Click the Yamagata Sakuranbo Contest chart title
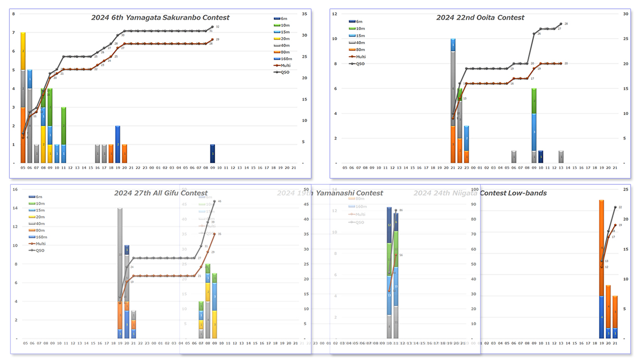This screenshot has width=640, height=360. pyautogui.click(x=160, y=17)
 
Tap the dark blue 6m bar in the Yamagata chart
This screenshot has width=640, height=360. pyautogui.click(x=213, y=153)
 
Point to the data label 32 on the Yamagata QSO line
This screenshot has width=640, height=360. pyautogui.click(x=218, y=26)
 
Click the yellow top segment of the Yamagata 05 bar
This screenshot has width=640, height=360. pyautogui.click(x=23, y=51)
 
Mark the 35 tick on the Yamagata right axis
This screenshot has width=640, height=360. pyautogui.click(x=303, y=14)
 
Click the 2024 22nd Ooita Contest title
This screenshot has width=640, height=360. pyautogui.click(x=480, y=17)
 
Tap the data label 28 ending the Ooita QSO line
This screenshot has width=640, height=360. pyautogui.click(x=566, y=24)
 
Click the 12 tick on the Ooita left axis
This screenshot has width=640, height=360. pyautogui.click(x=334, y=14)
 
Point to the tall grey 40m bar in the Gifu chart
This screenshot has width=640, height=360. pyautogui.click(x=120, y=254)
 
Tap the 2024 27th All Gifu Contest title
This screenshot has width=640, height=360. pyautogui.click(x=161, y=193)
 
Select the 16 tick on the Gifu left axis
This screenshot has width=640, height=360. pyautogui.click(x=15, y=189)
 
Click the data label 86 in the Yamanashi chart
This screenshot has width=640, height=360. pyautogui.click(x=401, y=210)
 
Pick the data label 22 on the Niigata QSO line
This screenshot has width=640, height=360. pyautogui.click(x=620, y=207)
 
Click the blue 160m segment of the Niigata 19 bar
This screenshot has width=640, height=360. pyautogui.click(x=601, y=317)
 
